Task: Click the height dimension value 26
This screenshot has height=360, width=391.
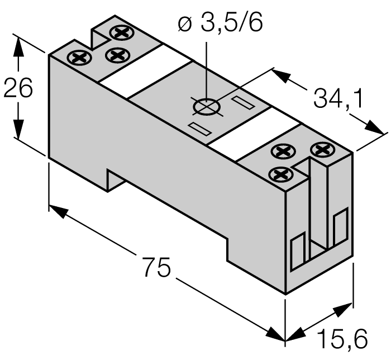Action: point(19,89)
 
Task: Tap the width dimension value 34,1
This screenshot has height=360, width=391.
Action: point(337,99)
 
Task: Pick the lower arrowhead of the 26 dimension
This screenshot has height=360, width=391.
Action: point(19,132)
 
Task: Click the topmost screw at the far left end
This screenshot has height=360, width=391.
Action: point(119,32)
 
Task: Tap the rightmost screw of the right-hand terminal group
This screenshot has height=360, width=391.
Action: point(321,149)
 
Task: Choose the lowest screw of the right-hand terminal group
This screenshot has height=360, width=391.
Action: point(282,174)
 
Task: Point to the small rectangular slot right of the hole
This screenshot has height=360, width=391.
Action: point(242,103)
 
